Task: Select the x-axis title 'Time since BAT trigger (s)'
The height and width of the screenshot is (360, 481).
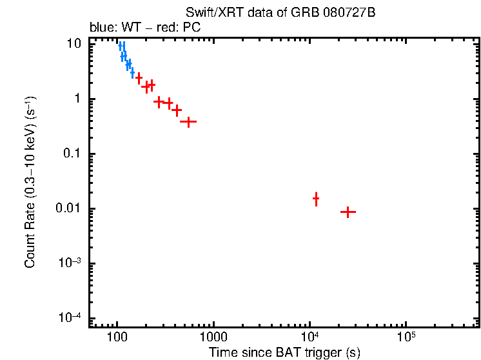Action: tap(284, 352)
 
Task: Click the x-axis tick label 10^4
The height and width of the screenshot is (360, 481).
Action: tap(309, 337)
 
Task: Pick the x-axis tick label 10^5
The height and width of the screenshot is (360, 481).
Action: tap(406, 337)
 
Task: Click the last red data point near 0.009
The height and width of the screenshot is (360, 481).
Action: tap(348, 212)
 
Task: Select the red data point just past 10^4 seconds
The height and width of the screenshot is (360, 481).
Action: tap(316, 199)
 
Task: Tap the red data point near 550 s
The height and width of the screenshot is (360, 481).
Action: tap(188, 121)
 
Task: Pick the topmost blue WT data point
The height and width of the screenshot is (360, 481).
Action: tap(121, 45)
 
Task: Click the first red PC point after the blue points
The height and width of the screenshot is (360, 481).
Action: tap(139, 78)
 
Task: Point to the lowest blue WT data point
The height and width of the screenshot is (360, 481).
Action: tap(132, 73)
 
